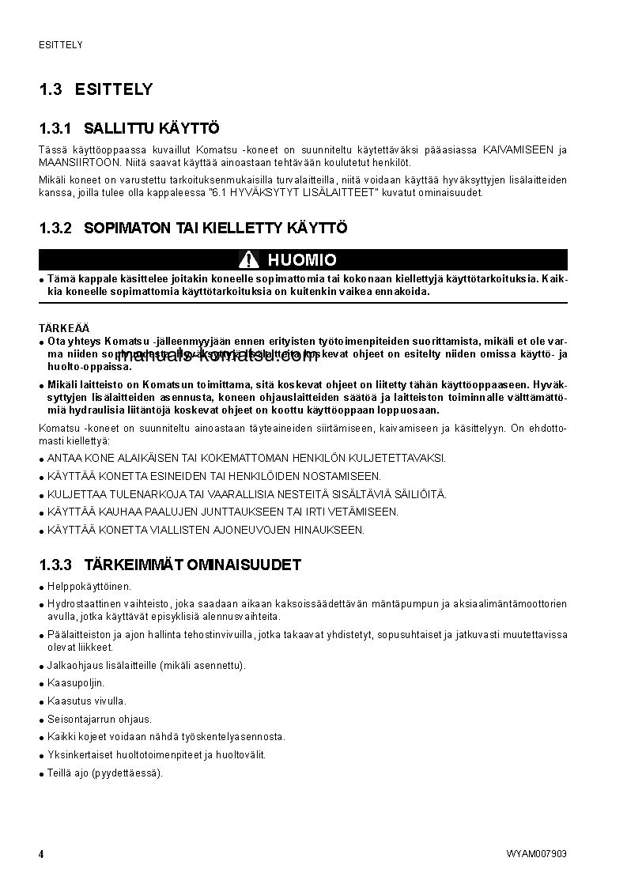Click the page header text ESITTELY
click(x=61, y=45)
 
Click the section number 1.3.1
click(x=55, y=128)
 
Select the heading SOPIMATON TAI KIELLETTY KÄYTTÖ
click(x=215, y=229)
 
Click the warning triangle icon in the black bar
click(x=249, y=260)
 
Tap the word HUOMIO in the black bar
click(x=302, y=260)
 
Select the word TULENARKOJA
click(x=141, y=494)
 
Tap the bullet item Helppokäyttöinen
click(x=89, y=587)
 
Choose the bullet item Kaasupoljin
click(x=76, y=683)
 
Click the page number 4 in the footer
click(x=41, y=854)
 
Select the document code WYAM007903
click(x=537, y=854)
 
